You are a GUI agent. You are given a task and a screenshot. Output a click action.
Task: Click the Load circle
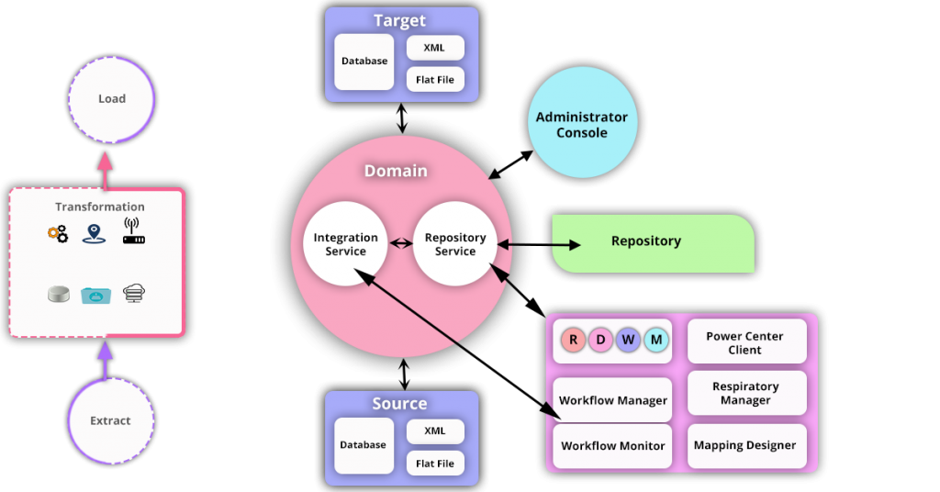click(x=111, y=99)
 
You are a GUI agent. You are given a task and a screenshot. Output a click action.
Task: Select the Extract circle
click(x=110, y=420)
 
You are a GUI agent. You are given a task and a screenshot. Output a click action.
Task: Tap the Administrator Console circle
click(x=582, y=125)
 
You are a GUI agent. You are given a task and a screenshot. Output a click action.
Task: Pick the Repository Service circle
click(x=455, y=244)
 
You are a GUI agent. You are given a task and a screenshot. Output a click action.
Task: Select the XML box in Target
click(x=435, y=48)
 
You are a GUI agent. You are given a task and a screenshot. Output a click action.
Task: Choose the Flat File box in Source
click(x=435, y=464)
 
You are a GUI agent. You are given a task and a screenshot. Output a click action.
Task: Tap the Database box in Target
click(x=364, y=61)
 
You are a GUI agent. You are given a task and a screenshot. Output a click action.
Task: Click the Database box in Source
click(x=364, y=445)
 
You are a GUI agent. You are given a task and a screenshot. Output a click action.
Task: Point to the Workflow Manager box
click(x=613, y=400)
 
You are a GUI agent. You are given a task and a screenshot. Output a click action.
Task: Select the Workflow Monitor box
click(x=613, y=446)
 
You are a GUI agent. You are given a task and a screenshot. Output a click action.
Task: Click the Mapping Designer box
click(x=745, y=446)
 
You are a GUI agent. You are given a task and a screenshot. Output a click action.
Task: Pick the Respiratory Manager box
click(x=745, y=393)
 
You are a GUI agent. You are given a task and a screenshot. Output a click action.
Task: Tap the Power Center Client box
click(x=745, y=342)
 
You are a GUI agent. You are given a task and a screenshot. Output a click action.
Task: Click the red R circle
click(x=574, y=341)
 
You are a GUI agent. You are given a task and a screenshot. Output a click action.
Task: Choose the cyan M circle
click(x=656, y=341)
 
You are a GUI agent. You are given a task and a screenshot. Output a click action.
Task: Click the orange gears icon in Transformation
click(x=58, y=234)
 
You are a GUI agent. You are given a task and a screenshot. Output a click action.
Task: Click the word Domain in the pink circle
click(x=396, y=171)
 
